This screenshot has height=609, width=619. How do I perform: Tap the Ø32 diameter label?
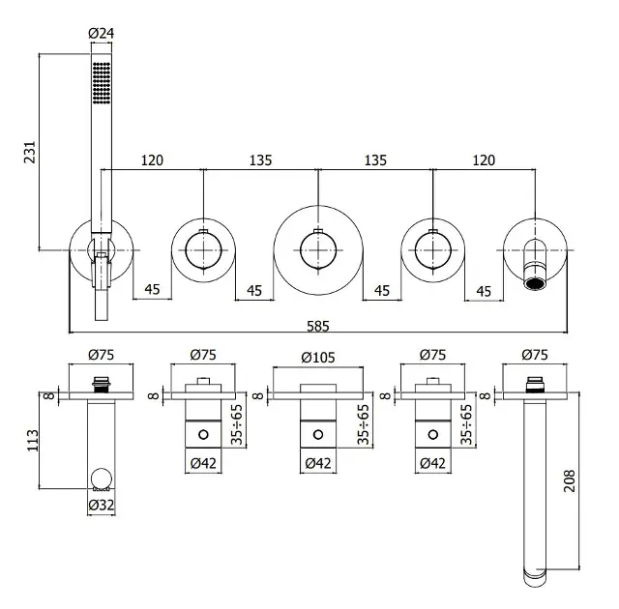tap(102, 505)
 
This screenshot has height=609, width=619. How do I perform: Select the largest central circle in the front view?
tap(316, 248)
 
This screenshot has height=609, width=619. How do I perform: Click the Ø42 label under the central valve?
tap(317, 464)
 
